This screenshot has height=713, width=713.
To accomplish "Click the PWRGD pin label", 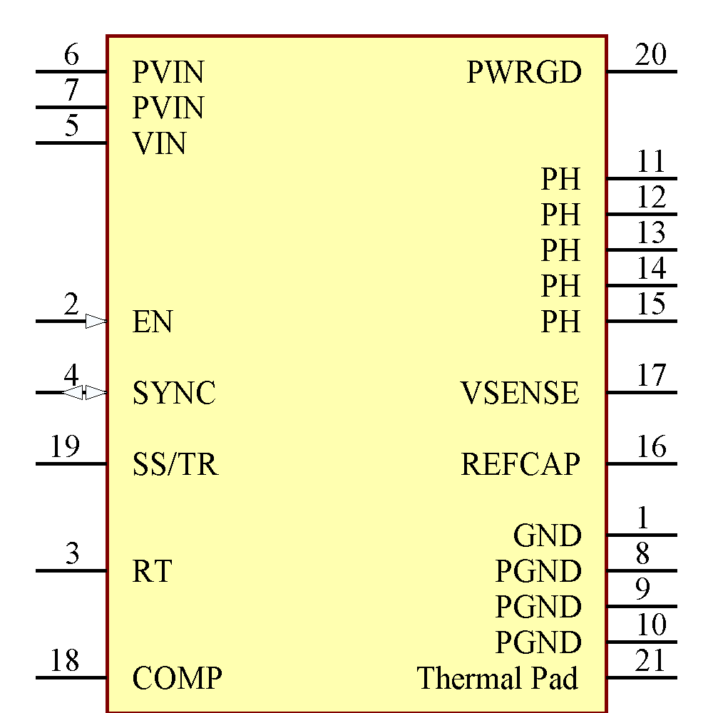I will pyautogui.click(x=524, y=73).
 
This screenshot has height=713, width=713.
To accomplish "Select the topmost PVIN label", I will pyautogui.click(x=168, y=73).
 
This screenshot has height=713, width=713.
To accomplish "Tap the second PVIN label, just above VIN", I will pyautogui.click(x=168, y=108).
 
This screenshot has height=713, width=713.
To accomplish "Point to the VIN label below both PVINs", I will pyautogui.click(x=160, y=144).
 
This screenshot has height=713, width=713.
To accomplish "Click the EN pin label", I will pyautogui.click(x=153, y=322).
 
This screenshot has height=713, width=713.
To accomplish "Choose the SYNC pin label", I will pyautogui.click(x=174, y=394).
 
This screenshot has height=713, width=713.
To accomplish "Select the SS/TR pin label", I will pyautogui.click(x=175, y=465).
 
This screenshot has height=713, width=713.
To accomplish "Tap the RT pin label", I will pyautogui.click(x=152, y=572).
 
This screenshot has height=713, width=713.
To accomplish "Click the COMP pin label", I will pyautogui.click(x=177, y=678).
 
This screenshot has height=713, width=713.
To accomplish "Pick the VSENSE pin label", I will pyautogui.click(x=520, y=394).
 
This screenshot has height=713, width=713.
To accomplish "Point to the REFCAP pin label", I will pyautogui.click(x=520, y=465).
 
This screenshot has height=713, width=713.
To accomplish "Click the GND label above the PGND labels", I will pyautogui.click(x=547, y=536).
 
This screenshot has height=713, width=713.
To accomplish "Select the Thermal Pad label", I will pyautogui.click(x=498, y=678).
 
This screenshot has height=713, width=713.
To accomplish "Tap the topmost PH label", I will pyautogui.click(x=560, y=180).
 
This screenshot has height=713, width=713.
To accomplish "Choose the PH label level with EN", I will pyautogui.click(x=560, y=322).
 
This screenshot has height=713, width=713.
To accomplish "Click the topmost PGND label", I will pyautogui.click(x=538, y=572).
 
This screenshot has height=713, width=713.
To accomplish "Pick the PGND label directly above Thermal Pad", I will pyautogui.click(x=538, y=643).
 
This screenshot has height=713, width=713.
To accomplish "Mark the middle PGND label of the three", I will pyautogui.click(x=538, y=607).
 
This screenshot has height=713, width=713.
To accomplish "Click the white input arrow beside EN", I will pyautogui.click(x=96, y=322).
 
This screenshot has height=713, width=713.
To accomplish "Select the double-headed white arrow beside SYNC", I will pyautogui.click(x=83, y=393).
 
